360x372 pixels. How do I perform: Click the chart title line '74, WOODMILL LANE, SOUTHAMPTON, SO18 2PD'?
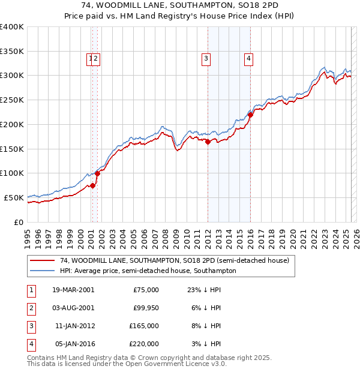point(180,6)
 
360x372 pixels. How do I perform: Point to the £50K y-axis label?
point(14,197)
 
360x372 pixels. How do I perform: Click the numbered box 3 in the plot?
point(206,59)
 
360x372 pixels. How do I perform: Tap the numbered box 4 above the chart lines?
point(248,59)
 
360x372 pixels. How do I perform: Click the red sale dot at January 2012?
point(208,142)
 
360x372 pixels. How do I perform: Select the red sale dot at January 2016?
point(250,115)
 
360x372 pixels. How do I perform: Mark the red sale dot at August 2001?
point(97,173)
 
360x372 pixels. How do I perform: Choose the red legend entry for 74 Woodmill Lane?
point(174,260)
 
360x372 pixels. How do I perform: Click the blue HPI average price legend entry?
point(148,271)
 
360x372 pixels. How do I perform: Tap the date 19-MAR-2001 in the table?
point(73,290)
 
